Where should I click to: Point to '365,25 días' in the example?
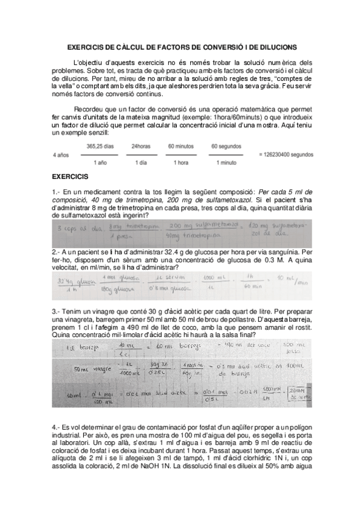click(x=100, y=146)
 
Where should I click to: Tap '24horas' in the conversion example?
click(x=140, y=146)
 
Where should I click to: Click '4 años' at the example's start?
click(x=61, y=155)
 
